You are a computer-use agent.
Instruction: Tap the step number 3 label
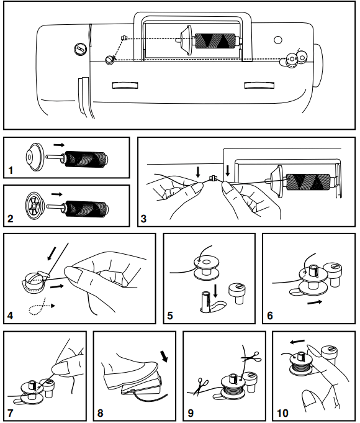point(143,219)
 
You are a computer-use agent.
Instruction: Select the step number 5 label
point(170,316)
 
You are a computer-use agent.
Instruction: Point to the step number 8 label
point(101,412)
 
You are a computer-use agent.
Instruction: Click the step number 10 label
point(282,412)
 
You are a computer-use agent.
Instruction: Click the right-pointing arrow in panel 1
point(59,145)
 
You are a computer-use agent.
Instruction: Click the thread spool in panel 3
point(308,183)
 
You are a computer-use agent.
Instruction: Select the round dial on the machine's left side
point(79,48)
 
